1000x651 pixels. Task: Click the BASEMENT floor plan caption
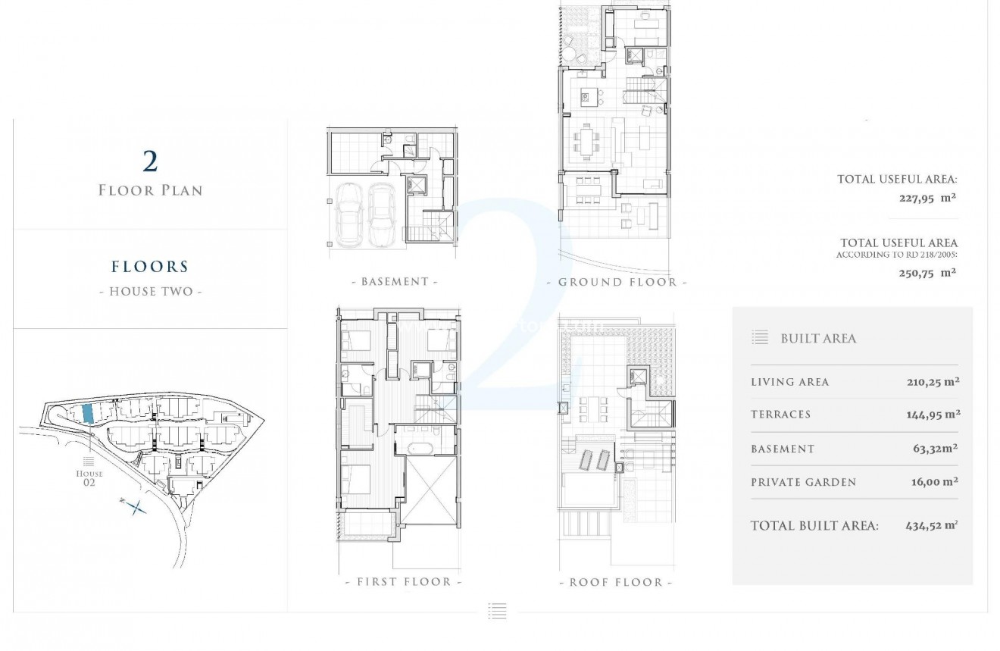point(395,282)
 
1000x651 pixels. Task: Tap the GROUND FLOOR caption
point(617,283)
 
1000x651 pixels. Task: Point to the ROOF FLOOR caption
point(615,583)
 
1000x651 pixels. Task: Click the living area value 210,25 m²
point(933,382)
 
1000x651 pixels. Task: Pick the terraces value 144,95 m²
point(933,415)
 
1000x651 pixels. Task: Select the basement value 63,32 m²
point(936,449)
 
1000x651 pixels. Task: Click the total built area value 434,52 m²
point(931,525)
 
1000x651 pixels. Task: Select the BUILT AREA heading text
point(818,339)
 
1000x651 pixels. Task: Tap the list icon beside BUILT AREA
point(760,338)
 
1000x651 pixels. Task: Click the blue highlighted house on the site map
point(87,413)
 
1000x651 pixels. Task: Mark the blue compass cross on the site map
point(135,507)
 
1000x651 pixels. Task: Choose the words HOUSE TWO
point(151,291)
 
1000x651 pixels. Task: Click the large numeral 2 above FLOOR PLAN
point(150,161)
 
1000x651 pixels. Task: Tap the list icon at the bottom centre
point(497,611)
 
